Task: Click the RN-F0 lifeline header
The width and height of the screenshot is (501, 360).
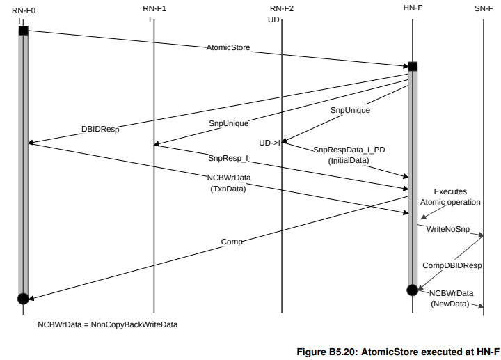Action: tap(23, 8)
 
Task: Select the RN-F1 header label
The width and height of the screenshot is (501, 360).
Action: tap(154, 8)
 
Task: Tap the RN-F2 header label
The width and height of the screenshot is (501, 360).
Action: tap(282, 8)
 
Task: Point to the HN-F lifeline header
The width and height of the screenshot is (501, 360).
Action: tap(413, 8)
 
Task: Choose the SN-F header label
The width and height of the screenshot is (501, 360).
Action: tap(483, 8)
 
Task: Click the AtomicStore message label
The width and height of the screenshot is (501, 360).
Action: tap(228, 48)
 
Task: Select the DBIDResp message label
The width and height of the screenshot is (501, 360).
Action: tap(100, 130)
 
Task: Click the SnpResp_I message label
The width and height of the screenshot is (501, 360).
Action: tap(228, 159)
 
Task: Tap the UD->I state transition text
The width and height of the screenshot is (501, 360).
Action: tap(269, 143)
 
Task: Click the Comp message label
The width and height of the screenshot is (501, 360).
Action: tap(232, 242)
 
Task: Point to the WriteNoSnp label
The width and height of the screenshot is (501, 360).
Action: tap(446, 228)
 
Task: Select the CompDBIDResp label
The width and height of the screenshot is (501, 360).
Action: tap(452, 265)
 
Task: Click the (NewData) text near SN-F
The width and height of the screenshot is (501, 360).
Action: tap(450, 304)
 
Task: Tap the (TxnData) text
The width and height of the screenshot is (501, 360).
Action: tap(228, 188)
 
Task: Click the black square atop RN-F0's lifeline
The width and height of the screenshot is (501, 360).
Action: tap(23, 31)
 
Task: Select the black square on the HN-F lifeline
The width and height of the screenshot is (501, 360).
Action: tap(413, 66)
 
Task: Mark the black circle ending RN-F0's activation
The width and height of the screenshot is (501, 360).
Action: tap(23, 298)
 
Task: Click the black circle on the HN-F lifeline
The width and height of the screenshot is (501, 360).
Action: tap(413, 289)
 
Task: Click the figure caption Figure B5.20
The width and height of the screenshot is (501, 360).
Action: tap(398, 352)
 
